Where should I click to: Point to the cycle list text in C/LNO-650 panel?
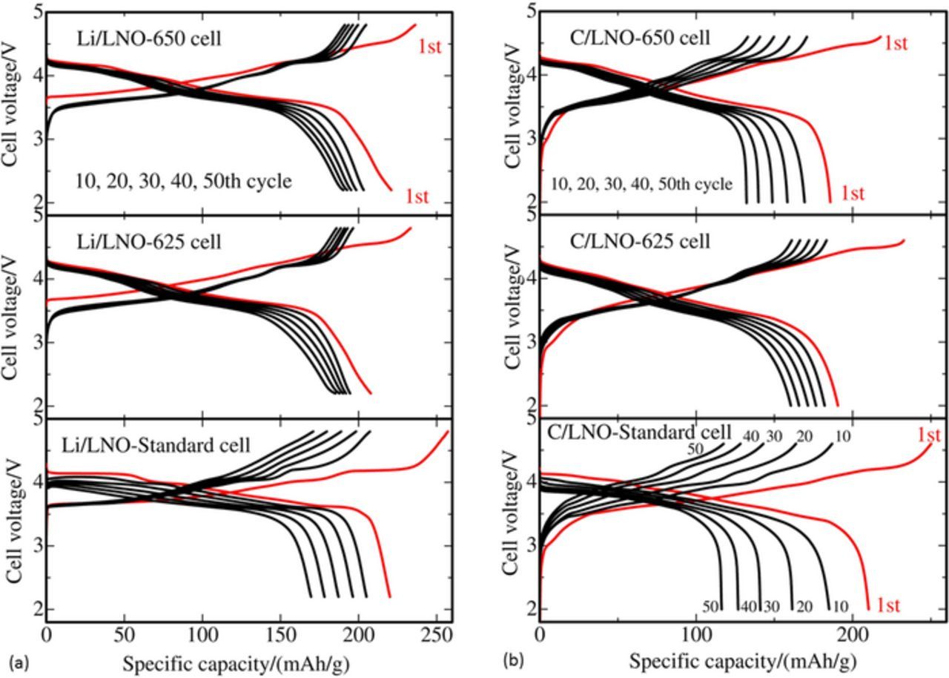[x=641, y=183]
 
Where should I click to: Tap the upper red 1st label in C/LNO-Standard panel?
[x=928, y=435]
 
